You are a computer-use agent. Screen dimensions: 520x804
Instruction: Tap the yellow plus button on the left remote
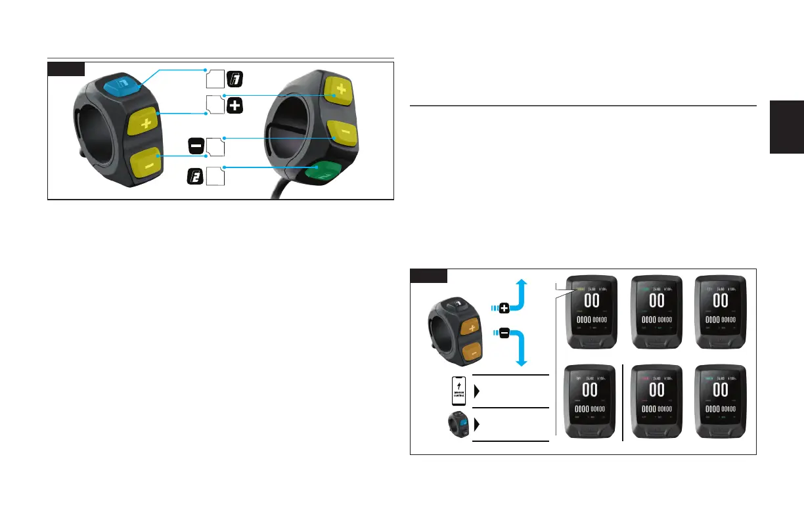tap(145, 121)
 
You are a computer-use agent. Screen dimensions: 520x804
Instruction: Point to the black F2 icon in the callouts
tap(194, 177)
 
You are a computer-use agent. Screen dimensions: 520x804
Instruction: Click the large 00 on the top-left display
tap(591, 301)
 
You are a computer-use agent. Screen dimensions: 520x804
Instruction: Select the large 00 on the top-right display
tap(721, 301)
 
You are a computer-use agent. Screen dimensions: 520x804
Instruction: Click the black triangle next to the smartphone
tap(476, 392)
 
